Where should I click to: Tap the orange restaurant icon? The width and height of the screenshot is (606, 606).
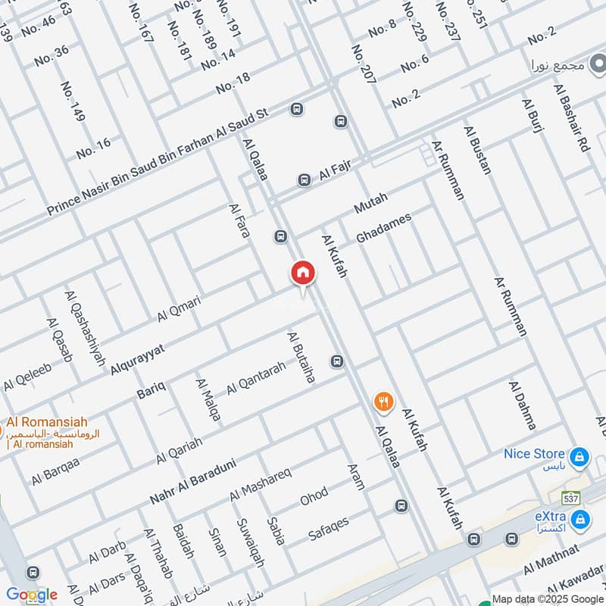(384, 401)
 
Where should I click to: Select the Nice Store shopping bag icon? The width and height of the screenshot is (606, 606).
(579, 457)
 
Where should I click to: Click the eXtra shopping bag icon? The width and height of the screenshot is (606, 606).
(581, 520)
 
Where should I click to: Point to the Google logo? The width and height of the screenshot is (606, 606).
(32, 595)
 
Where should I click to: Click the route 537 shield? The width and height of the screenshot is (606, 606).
(571, 498)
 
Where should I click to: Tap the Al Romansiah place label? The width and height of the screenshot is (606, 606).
(47, 423)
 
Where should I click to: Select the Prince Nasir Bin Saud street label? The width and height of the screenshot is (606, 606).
(158, 161)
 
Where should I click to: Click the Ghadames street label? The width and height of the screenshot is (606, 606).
(383, 226)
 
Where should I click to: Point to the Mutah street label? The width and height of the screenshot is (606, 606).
(370, 203)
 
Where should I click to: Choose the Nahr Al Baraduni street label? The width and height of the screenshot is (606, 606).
(193, 482)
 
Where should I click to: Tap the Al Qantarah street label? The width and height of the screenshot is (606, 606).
(256, 376)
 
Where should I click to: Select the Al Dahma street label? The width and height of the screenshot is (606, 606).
(522, 406)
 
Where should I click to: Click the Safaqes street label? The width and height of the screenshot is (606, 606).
(329, 529)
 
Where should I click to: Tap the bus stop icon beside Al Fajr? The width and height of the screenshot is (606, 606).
(304, 180)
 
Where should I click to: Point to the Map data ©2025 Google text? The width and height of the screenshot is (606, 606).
(546, 598)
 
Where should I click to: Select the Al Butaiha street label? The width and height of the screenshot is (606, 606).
(301, 357)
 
